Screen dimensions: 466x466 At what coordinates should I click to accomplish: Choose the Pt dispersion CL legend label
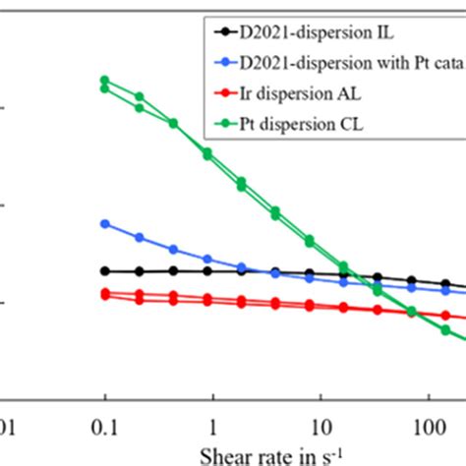[x=295, y=124]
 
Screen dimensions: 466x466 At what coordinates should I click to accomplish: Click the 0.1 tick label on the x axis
[x=104, y=429]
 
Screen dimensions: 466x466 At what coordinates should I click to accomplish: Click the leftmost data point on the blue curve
[x=105, y=224]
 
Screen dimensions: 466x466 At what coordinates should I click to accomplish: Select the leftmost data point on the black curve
[x=105, y=271]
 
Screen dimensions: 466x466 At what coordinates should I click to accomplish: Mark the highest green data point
[x=105, y=80]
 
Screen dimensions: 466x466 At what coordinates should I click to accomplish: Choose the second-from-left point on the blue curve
[x=140, y=238]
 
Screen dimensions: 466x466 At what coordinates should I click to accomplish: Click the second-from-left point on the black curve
[x=140, y=271]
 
